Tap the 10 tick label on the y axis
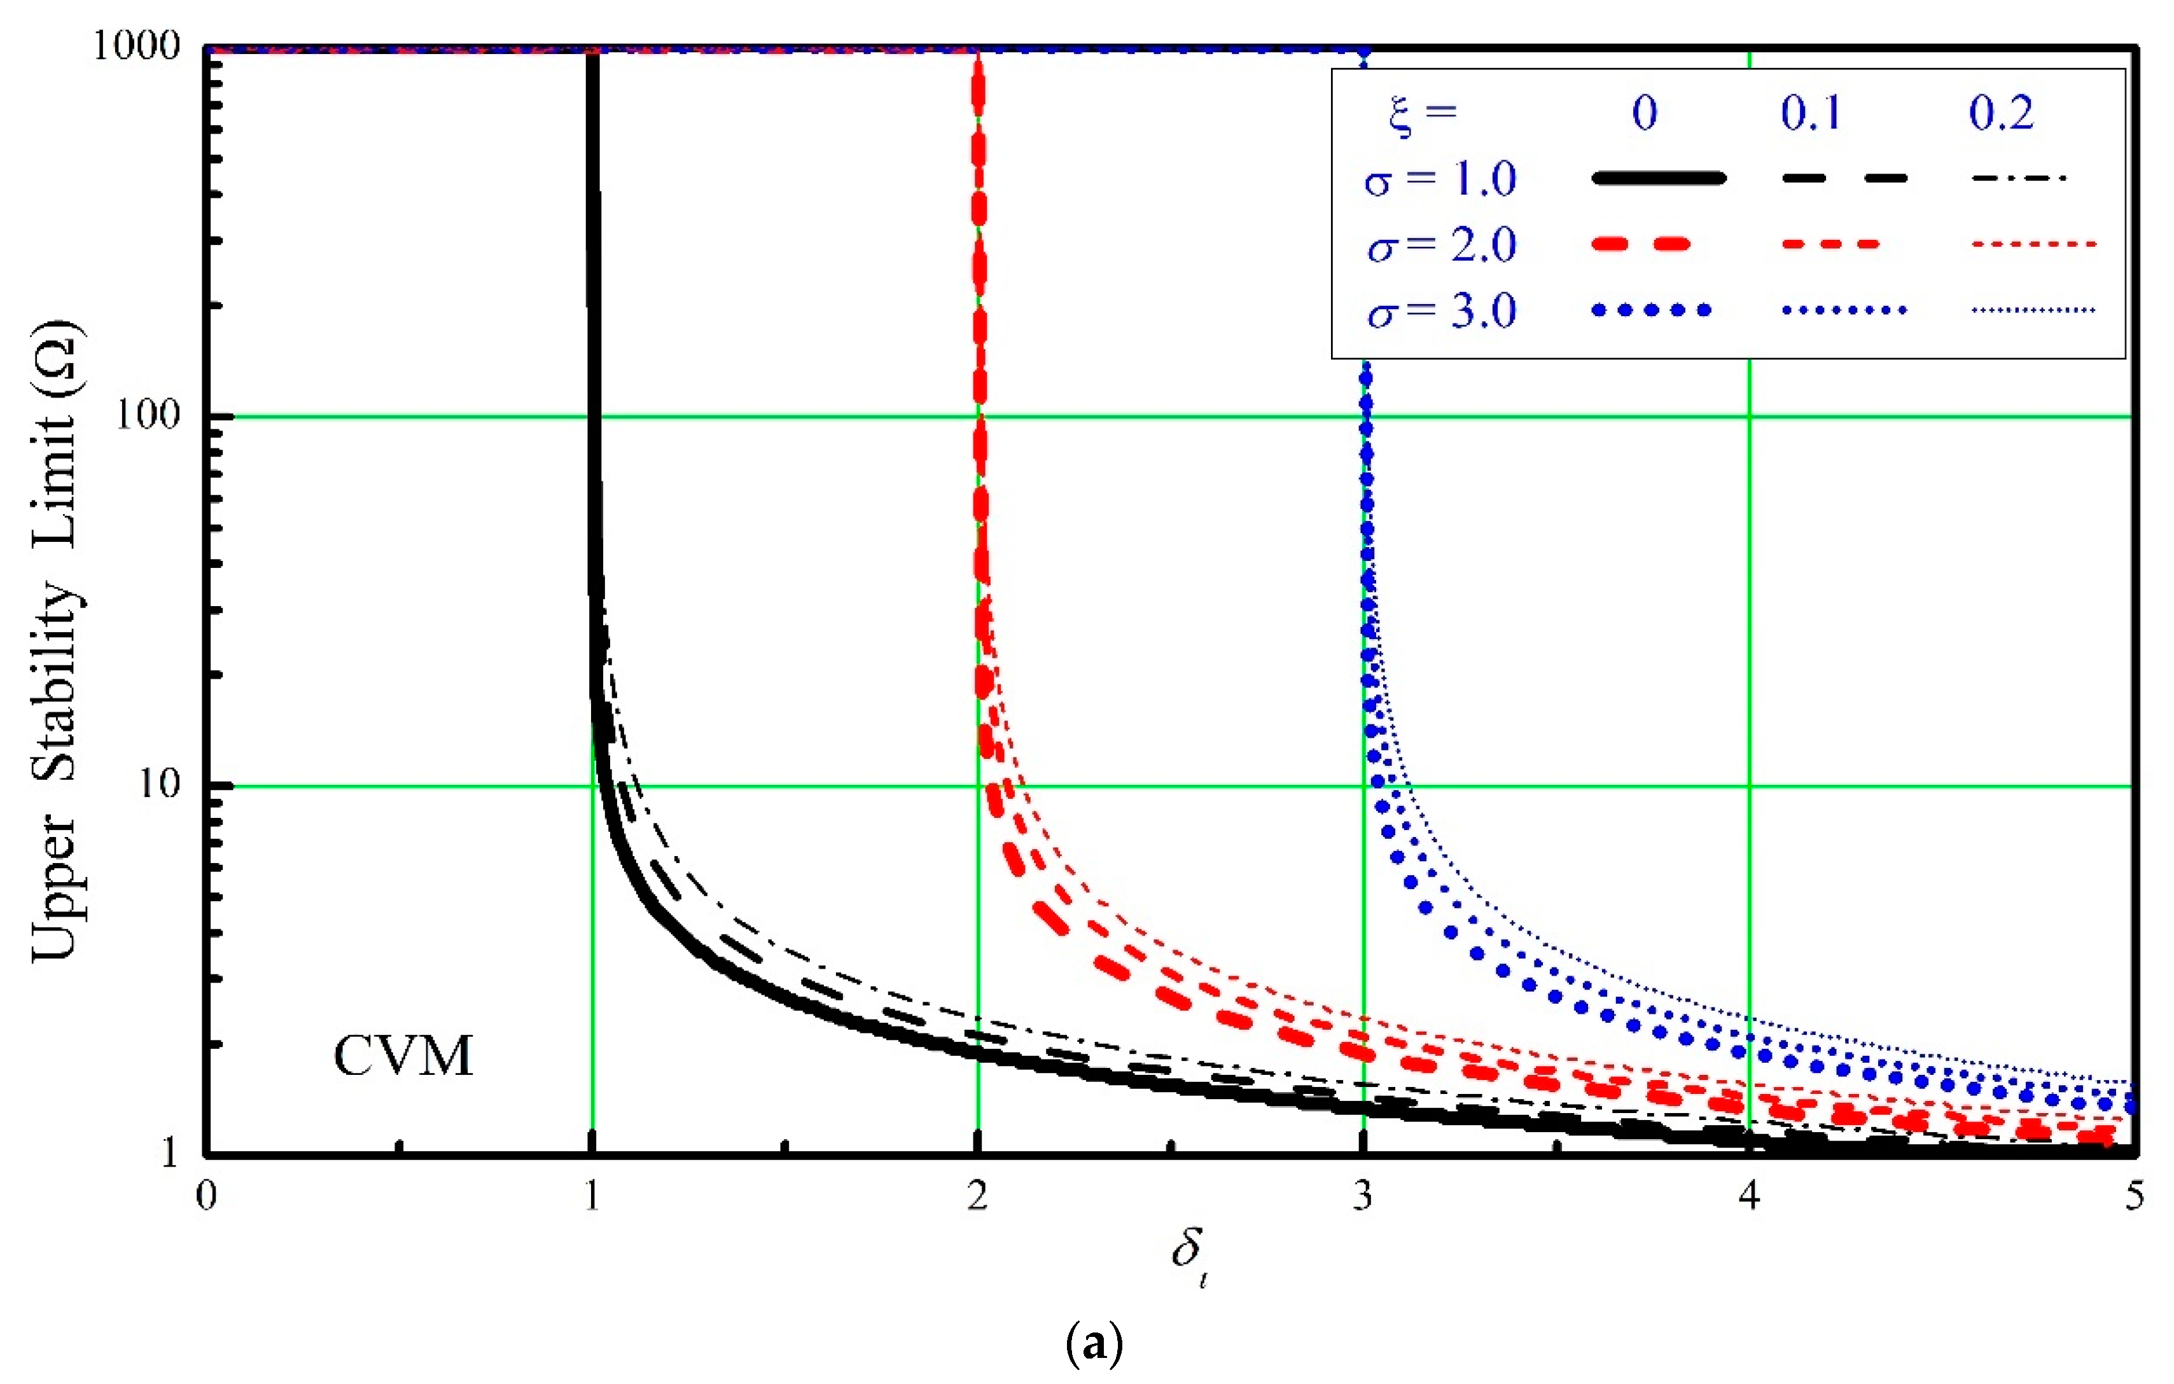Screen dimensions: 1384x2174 pos(159,783)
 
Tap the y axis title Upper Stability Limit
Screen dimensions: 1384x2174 pos(56,642)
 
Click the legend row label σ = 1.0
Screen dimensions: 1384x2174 pos(1439,179)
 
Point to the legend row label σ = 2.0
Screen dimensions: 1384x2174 pos(1441,245)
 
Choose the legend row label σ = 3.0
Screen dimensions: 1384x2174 pos(1441,310)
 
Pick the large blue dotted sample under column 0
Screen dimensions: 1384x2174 pos(1651,310)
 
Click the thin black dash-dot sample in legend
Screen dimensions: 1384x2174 pos(2019,178)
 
